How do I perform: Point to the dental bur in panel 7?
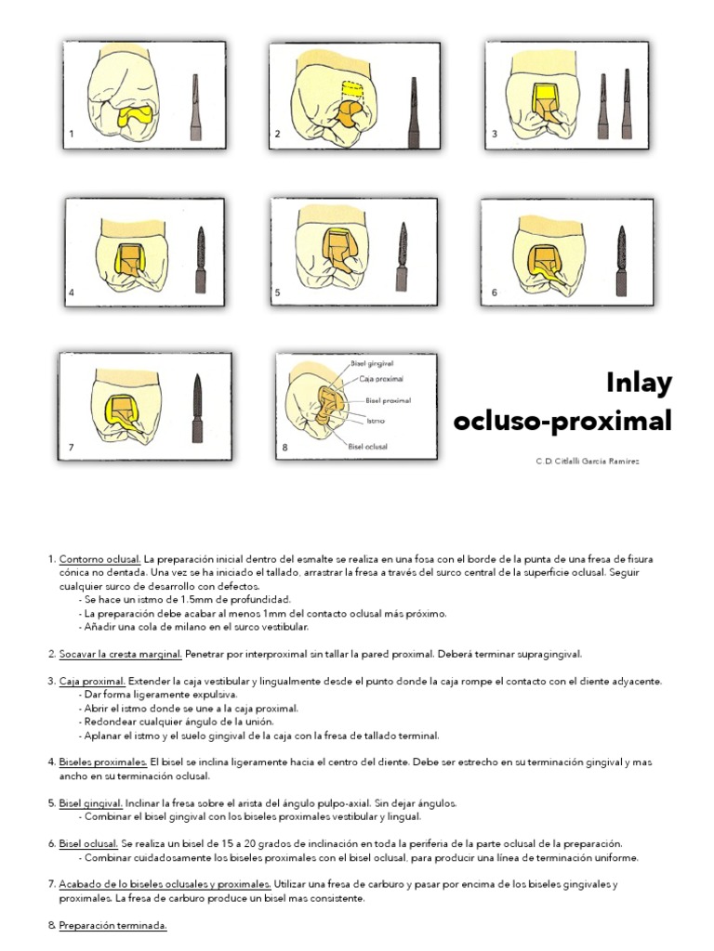(x=198, y=410)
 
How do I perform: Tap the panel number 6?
(x=495, y=293)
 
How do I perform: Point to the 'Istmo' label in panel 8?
(x=376, y=420)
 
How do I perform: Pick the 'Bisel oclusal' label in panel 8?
(x=368, y=447)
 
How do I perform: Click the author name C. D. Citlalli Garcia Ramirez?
(x=587, y=461)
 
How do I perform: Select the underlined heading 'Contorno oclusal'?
(x=99, y=559)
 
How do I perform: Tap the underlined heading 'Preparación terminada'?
(x=112, y=926)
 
